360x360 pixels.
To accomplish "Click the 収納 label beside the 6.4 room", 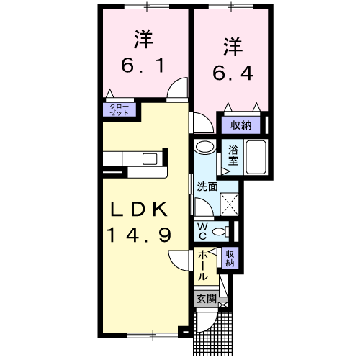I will coord(240,125).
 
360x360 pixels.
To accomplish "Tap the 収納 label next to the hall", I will coord(230,258).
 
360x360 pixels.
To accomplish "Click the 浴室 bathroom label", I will coord(233,156).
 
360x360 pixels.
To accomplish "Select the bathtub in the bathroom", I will coord(257,157).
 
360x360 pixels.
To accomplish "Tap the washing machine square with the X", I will coord(230,205).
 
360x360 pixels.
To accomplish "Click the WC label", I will coord(203,231).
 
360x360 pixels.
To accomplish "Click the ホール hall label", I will coord(204,266).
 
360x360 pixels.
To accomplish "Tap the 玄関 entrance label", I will coord(204,298).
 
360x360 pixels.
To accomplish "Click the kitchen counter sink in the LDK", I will coord(151,158).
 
